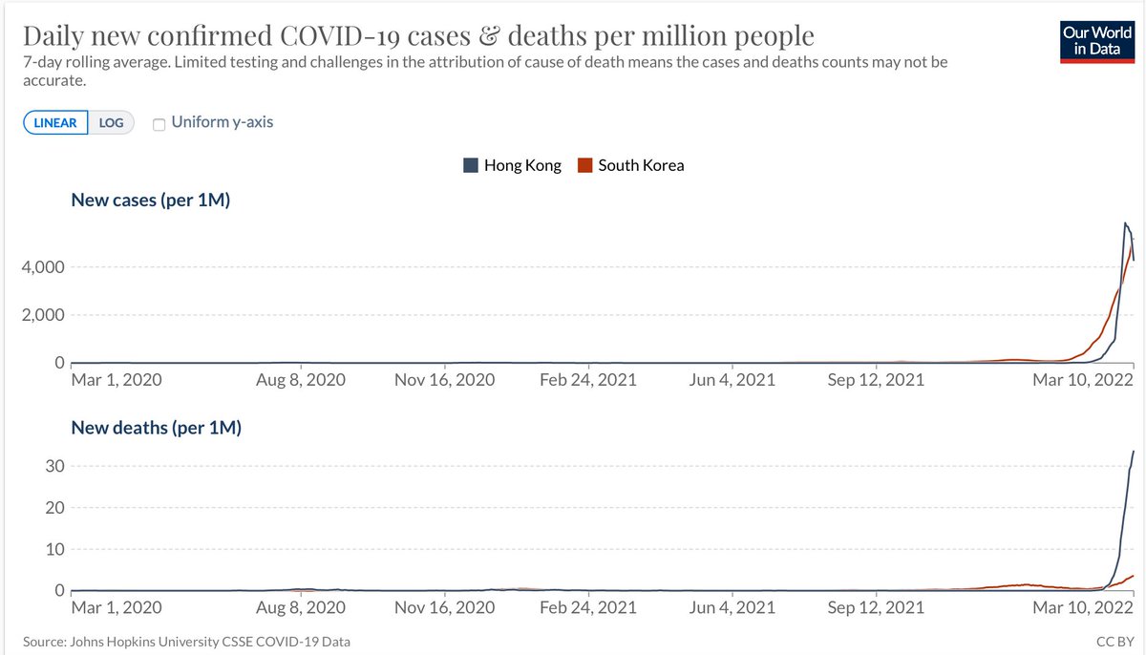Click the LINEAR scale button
pyautogui.click(x=56, y=123)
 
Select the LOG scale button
pyautogui.click(x=112, y=123)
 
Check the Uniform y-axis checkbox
pyautogui.click(x=159, y=123)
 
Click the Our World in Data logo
pyautogui.click(x=1102, y=41)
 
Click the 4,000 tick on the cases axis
pyautogui.click(x=44, y=266)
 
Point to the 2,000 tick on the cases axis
pyautogui.click(x=44, y=315)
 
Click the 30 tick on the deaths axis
pyautogui.click(x=53, y=466)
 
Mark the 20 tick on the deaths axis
pyautogui.click(x=53, y=508)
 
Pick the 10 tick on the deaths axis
pyautogui.click(x=53, y=549)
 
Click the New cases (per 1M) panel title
pyautogui.click(x=151, y=201)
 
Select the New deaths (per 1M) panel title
pyautogui.click(x=157, y=428)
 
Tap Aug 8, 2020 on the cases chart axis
pyautogui.click(x=301, y=380)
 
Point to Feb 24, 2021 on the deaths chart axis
pyautogui.click(x=587, y=607)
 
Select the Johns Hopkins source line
pyautogui.click(x=186, y=642)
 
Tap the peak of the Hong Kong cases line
pyautogui.click(x=1125, y=223)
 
